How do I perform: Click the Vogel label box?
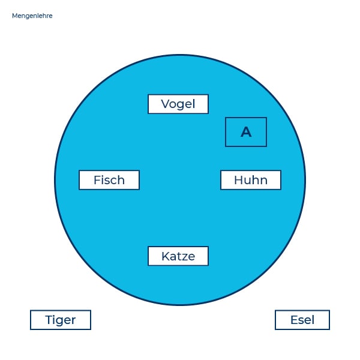[178, 104]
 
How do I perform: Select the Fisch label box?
[109, 180]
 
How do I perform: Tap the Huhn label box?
[251, 180]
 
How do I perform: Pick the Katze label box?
[178, 256]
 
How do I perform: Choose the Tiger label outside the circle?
[61, 320]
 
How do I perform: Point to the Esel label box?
[302, 320]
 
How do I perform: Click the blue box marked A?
[246, 132]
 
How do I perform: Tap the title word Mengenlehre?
[32, 16]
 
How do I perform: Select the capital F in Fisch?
[97, 180]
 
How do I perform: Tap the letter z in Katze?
[184, 257]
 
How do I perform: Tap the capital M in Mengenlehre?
[14, 16]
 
